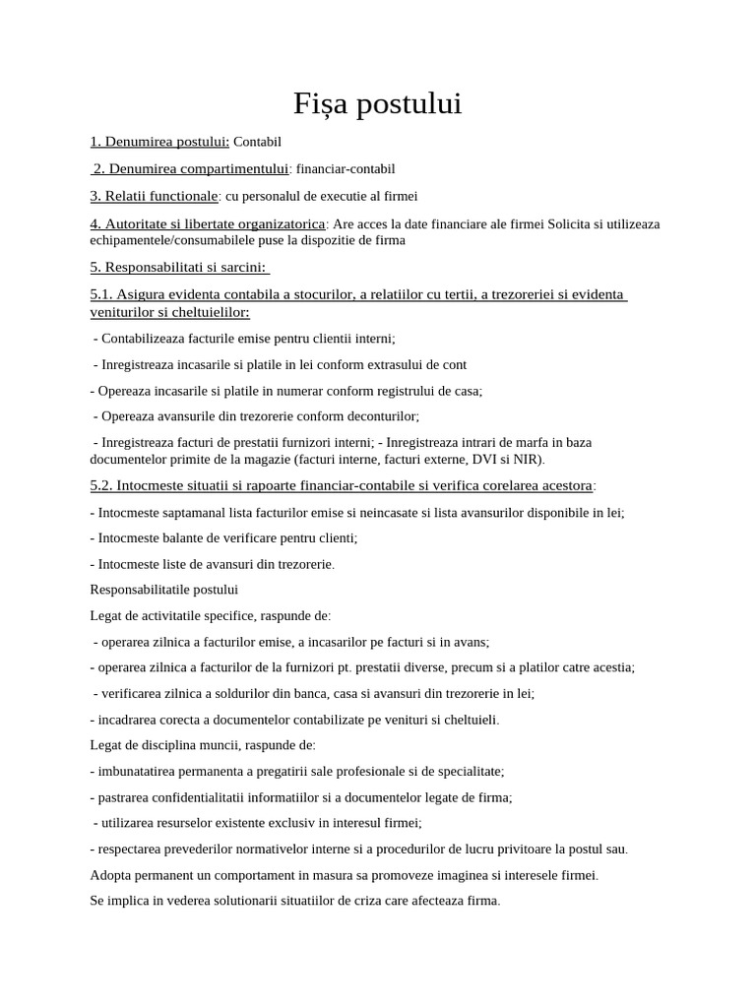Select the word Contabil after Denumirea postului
[x=257, y=142]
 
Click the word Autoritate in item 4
[x=137, y=223]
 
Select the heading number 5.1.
[x=102, y=295]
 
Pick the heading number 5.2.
[x=102, y=485]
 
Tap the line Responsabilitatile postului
[x=163, y=590]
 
